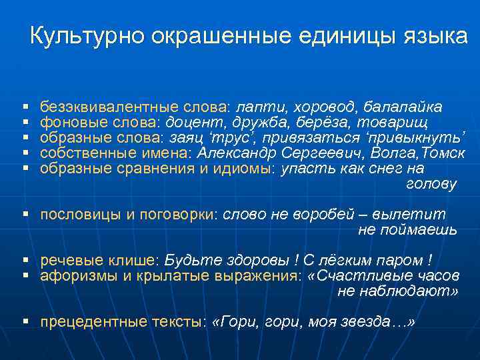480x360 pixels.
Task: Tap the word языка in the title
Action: point(434,37)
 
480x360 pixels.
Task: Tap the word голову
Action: point(431,185)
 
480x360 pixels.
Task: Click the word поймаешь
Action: point(407,231)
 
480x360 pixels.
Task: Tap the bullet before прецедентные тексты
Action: point(25,322)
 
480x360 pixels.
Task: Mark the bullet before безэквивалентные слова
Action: point(25,107)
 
